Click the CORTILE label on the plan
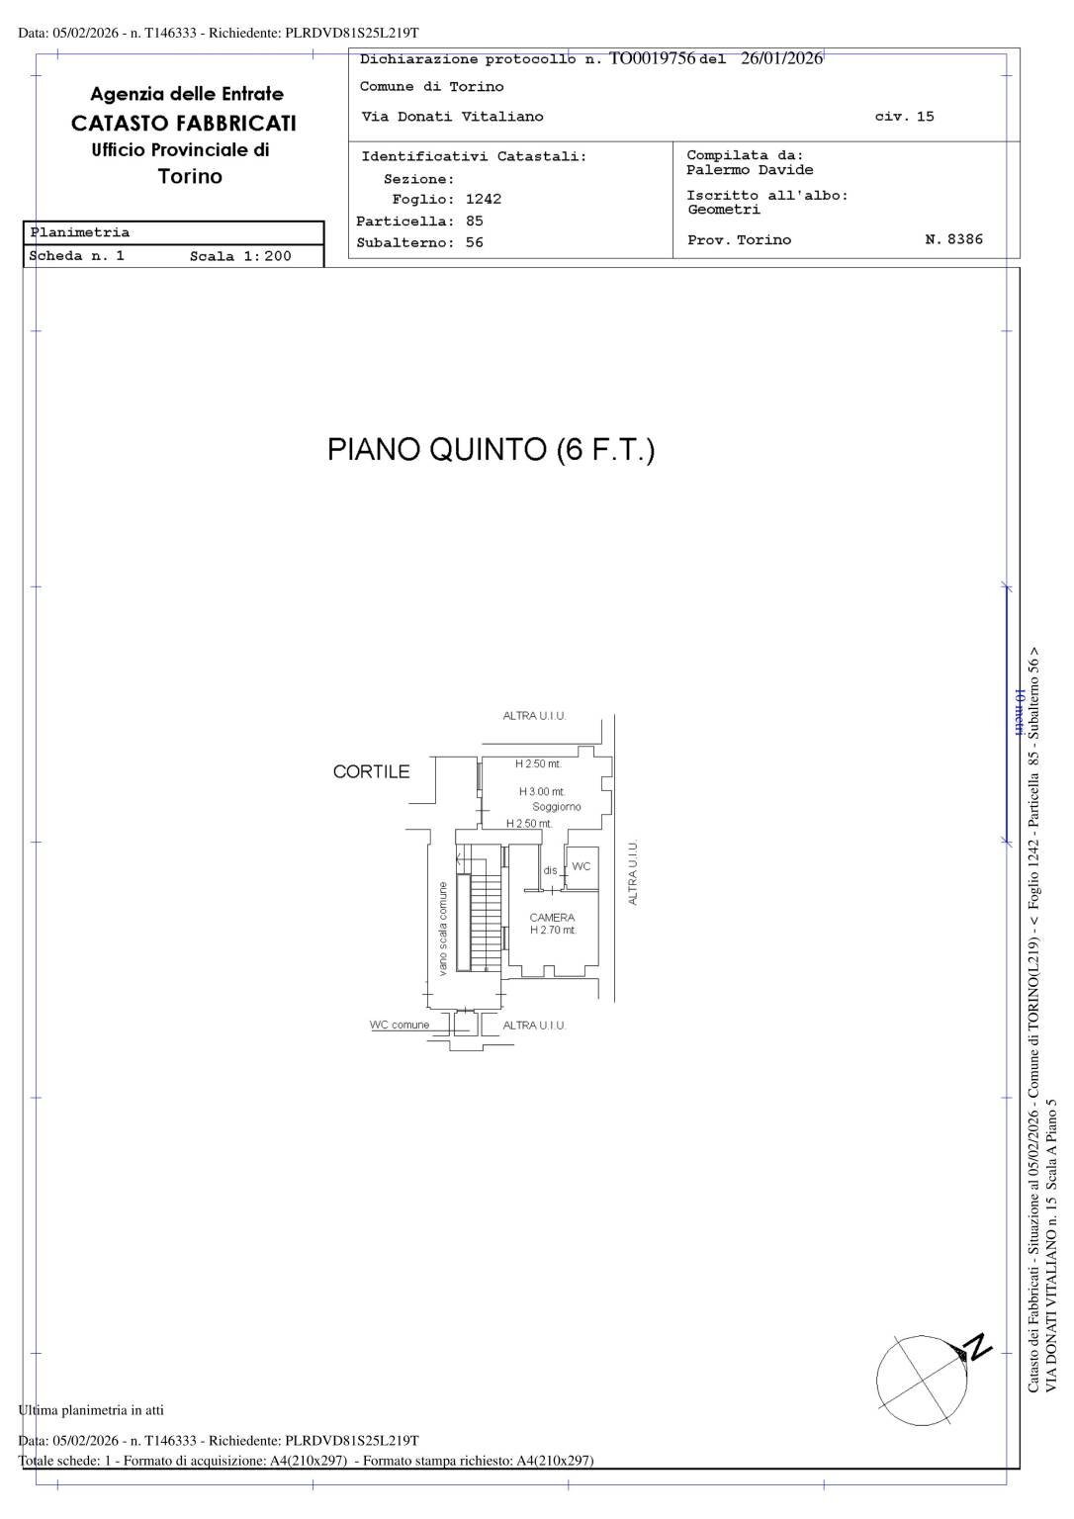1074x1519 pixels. point(371,772)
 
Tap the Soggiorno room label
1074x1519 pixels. point(557,807)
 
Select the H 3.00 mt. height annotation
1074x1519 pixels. point(542,791)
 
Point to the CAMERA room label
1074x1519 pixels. point(551,918)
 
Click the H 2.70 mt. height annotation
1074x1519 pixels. point(553,931)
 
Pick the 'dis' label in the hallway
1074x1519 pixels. point(550,870)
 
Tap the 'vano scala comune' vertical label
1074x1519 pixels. point(443,929)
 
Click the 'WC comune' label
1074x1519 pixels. point(400,1026)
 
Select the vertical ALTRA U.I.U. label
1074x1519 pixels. point(633,872)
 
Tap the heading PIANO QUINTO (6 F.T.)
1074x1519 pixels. point(491,450)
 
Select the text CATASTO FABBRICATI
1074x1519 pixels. point(184,124)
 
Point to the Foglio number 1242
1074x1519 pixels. point(484,199)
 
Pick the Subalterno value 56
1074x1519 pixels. point(475,243)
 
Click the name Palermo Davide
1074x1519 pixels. point(750,170)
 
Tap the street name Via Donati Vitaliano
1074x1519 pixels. point(453,117)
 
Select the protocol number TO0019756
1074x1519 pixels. point(652,58)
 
